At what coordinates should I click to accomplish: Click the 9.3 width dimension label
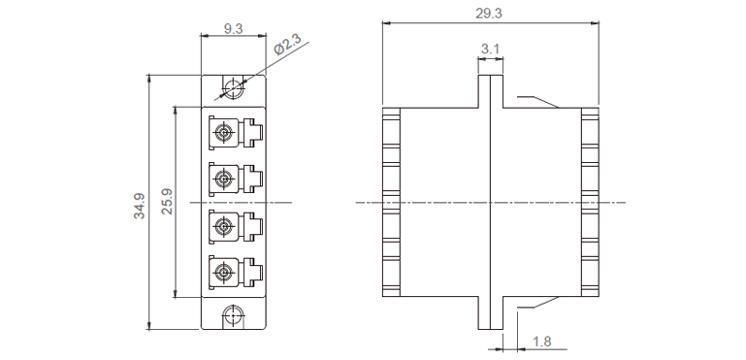(x=233, y=29)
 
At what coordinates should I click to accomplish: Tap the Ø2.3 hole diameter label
(x=287, y=47)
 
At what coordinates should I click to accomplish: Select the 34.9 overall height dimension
(x=140, y=206)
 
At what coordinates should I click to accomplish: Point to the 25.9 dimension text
(x=167, y=202)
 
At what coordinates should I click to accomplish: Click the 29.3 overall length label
(x=489, y=14)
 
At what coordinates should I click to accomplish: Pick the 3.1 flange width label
(x=490, y=49)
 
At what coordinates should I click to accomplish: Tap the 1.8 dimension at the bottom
(x=541, y=342)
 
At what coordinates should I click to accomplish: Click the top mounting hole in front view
(x=233, y=87)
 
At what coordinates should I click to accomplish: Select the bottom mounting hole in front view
(x=233, y=315)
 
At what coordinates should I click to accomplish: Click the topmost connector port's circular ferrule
(x=223, y=131)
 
